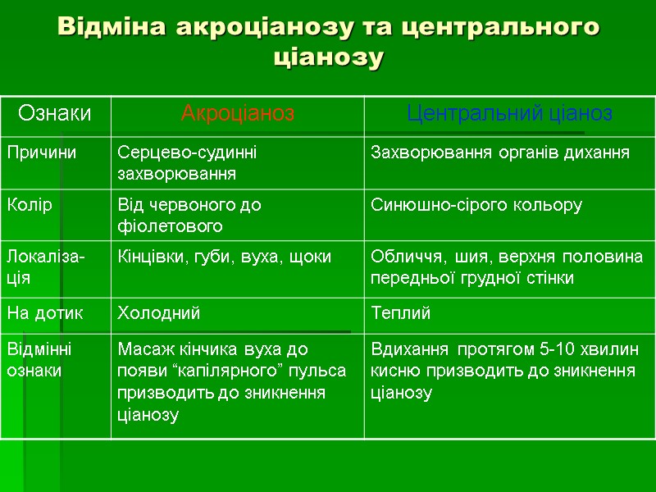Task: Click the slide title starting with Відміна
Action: (x=328, y=41)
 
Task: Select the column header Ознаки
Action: (x=55, y=113)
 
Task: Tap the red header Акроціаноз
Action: (x=237, y=113)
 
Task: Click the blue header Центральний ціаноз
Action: (x=509, y=113)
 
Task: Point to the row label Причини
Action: (x=42, y=153)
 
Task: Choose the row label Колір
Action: (x=30, y=205)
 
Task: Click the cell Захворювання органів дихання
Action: (x=500, y=153)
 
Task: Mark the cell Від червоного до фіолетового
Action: (x=189, y=215)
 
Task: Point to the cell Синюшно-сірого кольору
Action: (x=476, y=205)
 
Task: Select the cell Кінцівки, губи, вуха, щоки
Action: (x=225, y=257)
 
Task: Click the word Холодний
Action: (x=159, y=313)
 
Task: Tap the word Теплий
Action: (x=401, y=313)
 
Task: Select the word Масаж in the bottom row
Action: (x=140, y=350)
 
